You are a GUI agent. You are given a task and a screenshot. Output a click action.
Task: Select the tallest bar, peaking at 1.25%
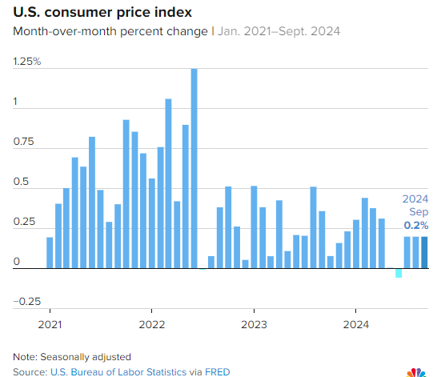194,168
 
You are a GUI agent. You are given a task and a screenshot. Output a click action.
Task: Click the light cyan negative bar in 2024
398,274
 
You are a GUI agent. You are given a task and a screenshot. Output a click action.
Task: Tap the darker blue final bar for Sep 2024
424,252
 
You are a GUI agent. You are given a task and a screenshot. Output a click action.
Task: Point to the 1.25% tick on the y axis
26,62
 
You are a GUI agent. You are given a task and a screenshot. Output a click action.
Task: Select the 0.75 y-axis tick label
24,142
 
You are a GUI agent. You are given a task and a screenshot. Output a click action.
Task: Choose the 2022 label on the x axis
151,324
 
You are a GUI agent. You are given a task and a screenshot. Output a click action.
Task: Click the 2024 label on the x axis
355,324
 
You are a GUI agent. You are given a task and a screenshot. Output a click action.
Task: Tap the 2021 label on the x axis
50,324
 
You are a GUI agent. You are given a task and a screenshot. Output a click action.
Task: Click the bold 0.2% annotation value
415,226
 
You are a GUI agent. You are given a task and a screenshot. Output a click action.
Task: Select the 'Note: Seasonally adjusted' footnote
71,356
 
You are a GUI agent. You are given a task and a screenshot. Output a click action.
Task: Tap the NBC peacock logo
416,371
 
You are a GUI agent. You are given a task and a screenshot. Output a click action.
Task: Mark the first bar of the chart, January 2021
50,252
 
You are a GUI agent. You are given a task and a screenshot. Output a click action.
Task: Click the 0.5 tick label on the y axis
22,182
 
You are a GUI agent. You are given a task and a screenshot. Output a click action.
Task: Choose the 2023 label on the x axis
254,324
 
